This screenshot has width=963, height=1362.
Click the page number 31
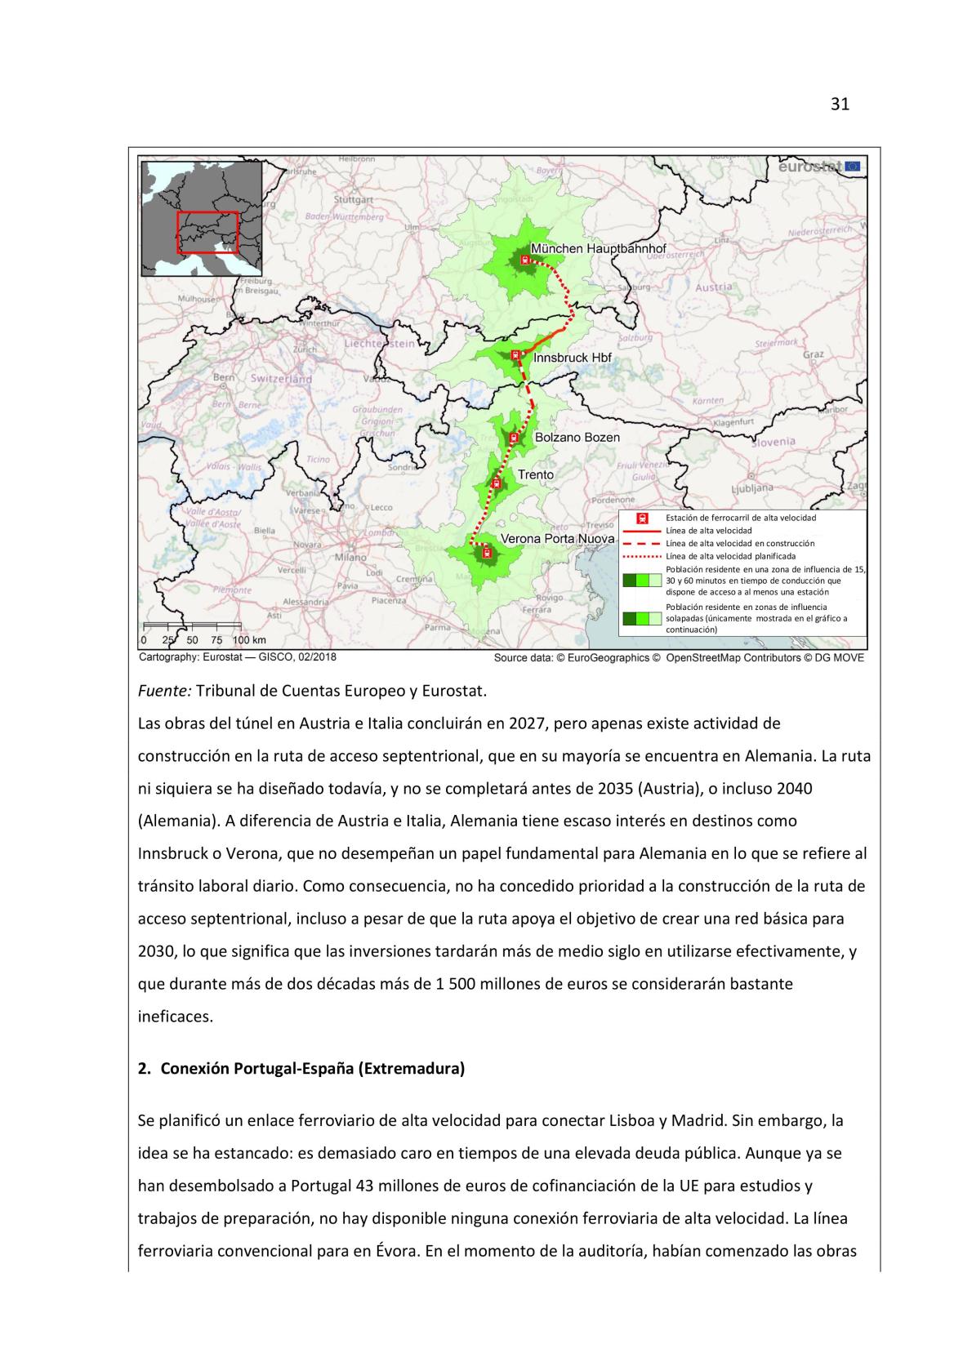[839, 104]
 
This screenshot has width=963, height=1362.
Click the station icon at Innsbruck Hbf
[515, 355]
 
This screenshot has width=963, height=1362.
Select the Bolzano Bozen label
[577, 437]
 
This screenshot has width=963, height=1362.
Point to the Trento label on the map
[535, 474]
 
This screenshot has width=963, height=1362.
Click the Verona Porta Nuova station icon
[487, 553]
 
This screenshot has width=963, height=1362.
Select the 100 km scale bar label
[249, 640]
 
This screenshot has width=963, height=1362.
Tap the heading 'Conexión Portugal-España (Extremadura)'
[312, 1068]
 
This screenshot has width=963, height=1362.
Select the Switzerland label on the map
[281, 379]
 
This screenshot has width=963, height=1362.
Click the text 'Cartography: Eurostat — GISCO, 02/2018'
[238, 657]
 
